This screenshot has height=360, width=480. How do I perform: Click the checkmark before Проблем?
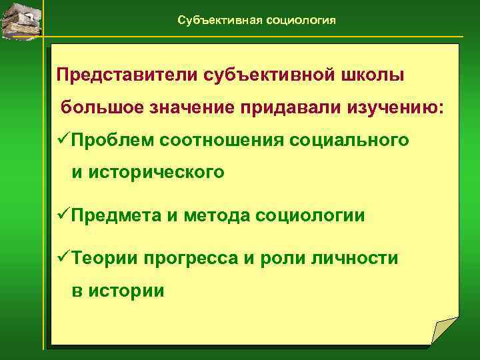64,139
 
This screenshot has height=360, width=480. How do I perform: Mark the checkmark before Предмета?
64,215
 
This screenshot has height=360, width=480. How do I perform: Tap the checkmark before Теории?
64,258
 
